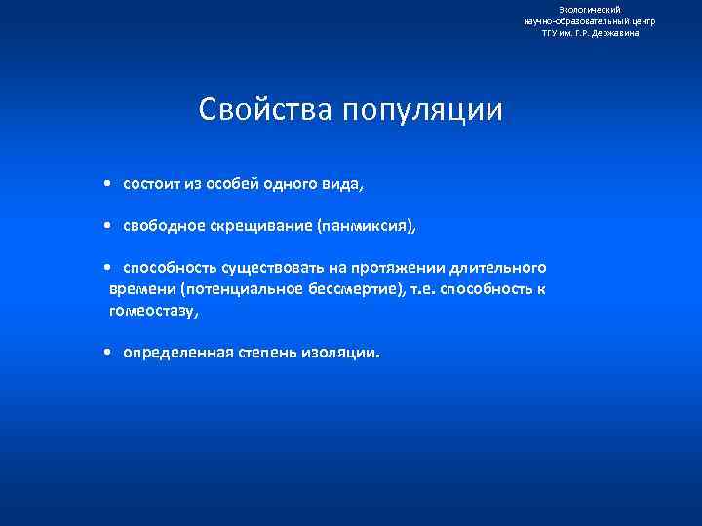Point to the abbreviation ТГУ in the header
tap(552, 32)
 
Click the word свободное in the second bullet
tap(164, 226)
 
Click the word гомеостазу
tap(153, 312)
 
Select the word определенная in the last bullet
tap(178, 353)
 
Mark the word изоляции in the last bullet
tap(347, 353)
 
